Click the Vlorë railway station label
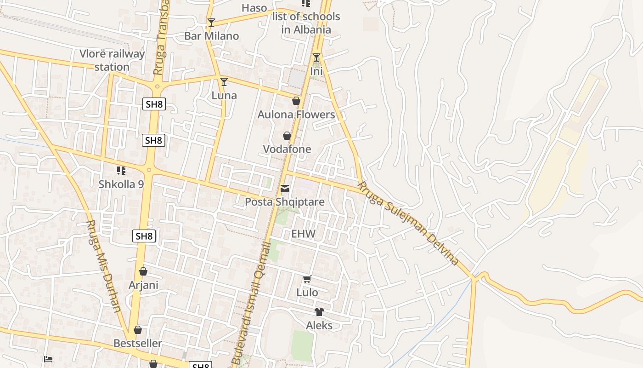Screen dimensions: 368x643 112,60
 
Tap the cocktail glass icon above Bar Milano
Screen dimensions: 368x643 211,23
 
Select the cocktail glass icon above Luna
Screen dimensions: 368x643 224,82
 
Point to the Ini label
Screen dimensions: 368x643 316,71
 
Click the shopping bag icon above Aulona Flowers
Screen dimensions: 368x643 296,101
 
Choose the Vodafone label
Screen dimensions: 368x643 287,149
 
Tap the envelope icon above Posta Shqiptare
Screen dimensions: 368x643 285,189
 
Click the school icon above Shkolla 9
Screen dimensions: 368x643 121,171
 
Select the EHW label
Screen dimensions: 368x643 304,234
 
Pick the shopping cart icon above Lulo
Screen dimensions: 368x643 307,279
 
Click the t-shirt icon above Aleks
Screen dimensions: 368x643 319,312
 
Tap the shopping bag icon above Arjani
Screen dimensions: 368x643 143,271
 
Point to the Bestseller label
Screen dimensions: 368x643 138,344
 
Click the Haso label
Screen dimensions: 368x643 254,8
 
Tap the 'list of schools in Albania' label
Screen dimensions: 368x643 306,23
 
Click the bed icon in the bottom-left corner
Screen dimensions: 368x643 48,359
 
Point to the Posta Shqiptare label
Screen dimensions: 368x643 285,202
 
